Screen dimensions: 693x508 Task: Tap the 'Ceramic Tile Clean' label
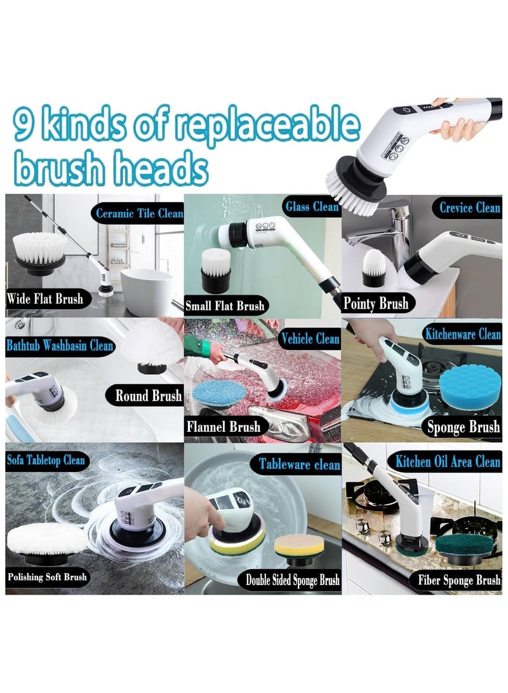click(x=138, y=213)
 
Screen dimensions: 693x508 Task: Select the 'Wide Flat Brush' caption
click(x=44, y=299)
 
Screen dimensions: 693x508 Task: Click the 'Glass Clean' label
click(x=312, y=206)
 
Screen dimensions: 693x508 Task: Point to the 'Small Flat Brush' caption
click(x=225, y=306)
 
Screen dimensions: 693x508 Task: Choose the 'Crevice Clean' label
click(x=469, y=207)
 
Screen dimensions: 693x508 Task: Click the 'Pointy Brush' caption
click(x=375, y=303)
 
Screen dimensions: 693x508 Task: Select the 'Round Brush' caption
click(x=149, y=396)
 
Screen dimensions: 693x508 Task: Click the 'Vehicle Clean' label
click(x=309, y=339)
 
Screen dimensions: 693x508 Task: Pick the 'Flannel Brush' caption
click(x=223, y=426)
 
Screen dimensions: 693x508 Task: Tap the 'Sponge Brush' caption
click(x=463, y=427)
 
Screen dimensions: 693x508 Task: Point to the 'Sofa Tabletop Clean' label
click(x=46, y=460)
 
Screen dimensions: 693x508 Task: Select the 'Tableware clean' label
click(x=299, y=464)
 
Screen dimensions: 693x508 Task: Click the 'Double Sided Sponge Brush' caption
click(x=293, y=580)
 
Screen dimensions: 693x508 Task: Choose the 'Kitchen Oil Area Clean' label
click(x=448, y=461)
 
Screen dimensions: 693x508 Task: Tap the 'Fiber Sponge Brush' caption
click(x=459, y=580)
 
